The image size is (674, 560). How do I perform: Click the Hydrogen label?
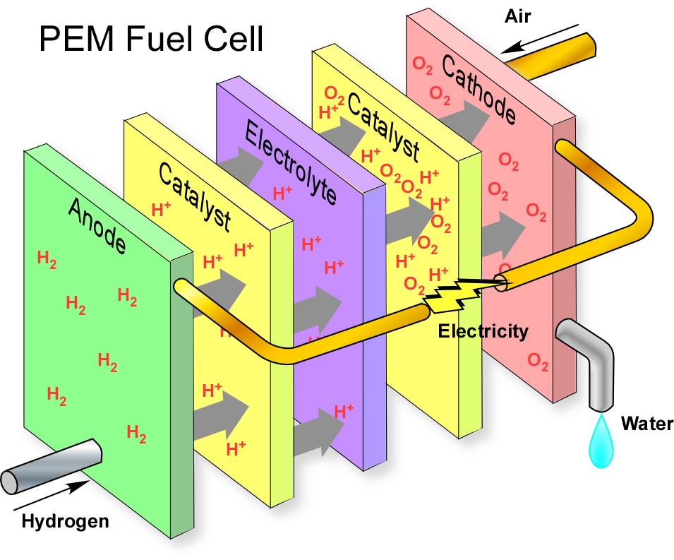[66, 523]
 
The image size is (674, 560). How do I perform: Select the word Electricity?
[483, 331]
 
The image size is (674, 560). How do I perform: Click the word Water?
[647, 424]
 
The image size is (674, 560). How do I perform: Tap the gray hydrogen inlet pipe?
[49, 466]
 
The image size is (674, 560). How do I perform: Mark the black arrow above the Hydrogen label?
[52, 497]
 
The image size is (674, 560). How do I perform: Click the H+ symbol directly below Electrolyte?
[282, 193]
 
